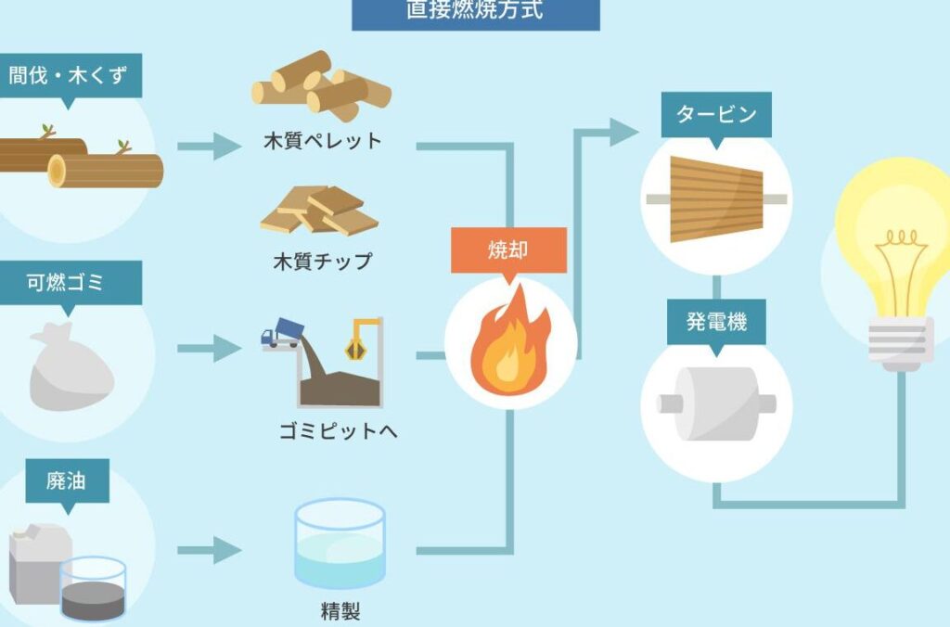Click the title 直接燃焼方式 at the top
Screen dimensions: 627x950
(x=475, y=11)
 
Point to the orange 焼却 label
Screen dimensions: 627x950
(x=507, y=250)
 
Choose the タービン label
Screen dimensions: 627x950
(x=715, y=115)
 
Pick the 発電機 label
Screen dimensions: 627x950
(x=715, y=322)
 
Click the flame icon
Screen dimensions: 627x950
(x=507, y=344)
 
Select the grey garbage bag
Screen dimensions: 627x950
(x=70, y=368)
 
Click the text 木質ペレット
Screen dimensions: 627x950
(x=322, y=142)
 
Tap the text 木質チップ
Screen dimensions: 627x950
(x=322, y=261)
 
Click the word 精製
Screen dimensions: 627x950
(x=339, y=611)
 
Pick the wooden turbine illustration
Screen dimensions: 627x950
(x=715, y=198)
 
